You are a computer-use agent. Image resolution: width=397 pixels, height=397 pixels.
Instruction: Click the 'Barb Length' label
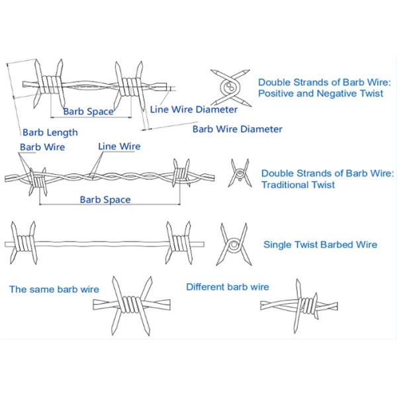coord(50,132)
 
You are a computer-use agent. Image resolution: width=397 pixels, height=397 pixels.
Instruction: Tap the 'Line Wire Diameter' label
coord(193,109)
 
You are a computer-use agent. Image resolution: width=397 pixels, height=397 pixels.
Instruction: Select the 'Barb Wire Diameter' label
coord(237,129)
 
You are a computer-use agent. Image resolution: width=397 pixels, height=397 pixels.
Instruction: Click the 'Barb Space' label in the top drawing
coord(88,111)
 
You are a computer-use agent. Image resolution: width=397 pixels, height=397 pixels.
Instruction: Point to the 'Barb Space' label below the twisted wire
coord(105,199)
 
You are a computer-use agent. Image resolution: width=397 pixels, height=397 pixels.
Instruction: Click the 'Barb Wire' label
coord(42,147)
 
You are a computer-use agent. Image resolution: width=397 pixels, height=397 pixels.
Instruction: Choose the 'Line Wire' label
coord(119,146)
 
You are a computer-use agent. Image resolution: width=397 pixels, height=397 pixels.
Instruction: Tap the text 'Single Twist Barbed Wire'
coord(320,245)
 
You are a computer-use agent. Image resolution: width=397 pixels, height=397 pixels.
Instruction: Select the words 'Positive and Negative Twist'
coord(320,93)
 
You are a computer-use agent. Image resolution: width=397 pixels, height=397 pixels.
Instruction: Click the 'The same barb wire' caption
coord(54,289)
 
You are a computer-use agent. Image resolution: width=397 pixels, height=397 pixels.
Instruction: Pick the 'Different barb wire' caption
coord(228,287)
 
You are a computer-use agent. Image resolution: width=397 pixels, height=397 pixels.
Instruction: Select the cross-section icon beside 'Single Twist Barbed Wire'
coord(234,245)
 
